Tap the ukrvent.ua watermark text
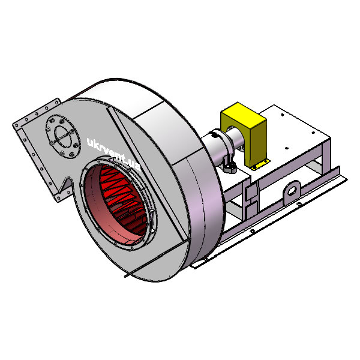coord(114,154)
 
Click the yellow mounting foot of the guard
coord(260,164)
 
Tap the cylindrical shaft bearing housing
coord(217,147)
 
